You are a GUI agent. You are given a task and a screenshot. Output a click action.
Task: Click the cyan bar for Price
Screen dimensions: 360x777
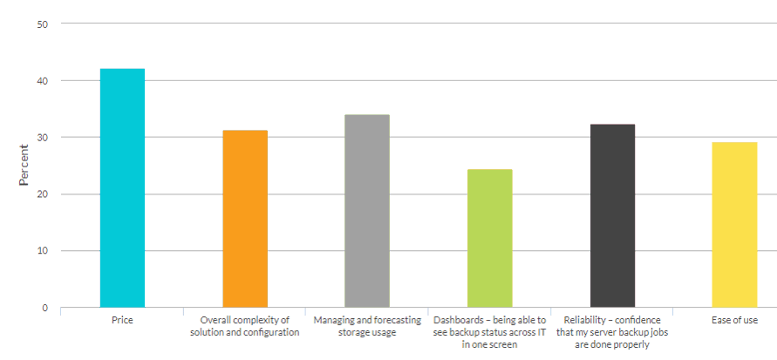(x=122, y=187)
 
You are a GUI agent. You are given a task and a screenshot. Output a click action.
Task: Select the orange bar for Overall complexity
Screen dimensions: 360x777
(x=245, y=218)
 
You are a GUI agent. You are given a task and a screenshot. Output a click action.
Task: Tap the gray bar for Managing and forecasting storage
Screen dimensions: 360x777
(x=367, y=211)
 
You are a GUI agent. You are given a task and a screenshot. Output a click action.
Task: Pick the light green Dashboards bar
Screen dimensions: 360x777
(x=489, y=238)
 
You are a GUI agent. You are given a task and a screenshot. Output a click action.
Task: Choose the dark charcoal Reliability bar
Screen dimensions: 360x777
(x=612, y=215)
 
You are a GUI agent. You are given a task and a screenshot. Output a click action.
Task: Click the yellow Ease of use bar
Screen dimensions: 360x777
(x=734, y=224)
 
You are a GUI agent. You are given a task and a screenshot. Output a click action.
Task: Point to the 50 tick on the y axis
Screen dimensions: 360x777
(x=41, y=24)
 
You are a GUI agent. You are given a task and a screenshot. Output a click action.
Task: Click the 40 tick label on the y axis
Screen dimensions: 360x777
(x=41, y=81)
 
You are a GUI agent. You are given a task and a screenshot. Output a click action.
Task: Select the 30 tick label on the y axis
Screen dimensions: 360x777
(x=41, y=138)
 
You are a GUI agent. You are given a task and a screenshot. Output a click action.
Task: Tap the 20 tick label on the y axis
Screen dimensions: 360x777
(x=41, y=194)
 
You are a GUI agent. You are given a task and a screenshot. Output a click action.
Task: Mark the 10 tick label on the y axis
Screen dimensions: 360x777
(x=41, y=251)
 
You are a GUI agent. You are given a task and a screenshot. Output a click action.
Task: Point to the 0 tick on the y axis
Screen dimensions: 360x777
(x=44, y=308)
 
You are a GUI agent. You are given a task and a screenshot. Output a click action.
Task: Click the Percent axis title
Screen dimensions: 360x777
(x=24, y=165)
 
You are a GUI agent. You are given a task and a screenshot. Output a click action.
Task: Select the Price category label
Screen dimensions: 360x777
(x=122, y=321)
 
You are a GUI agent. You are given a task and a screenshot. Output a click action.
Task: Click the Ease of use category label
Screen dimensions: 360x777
(x=734, y=321)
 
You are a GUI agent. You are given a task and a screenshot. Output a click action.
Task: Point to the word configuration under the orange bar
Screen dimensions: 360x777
(x=270, y=333)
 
